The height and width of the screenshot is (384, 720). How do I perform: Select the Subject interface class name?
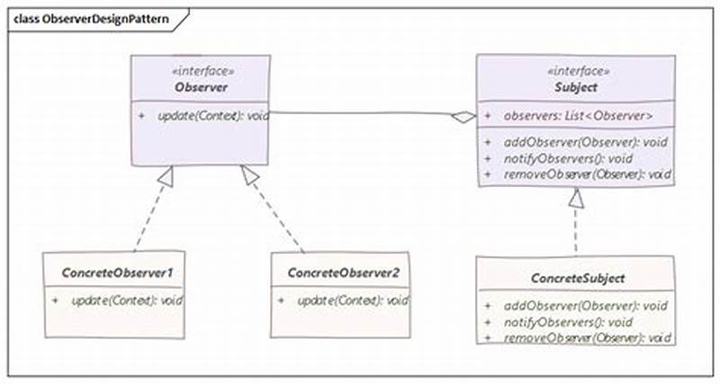coord(576,87)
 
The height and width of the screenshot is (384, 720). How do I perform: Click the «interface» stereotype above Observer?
coord(199,69)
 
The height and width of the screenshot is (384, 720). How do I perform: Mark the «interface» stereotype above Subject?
coord(576,70)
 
